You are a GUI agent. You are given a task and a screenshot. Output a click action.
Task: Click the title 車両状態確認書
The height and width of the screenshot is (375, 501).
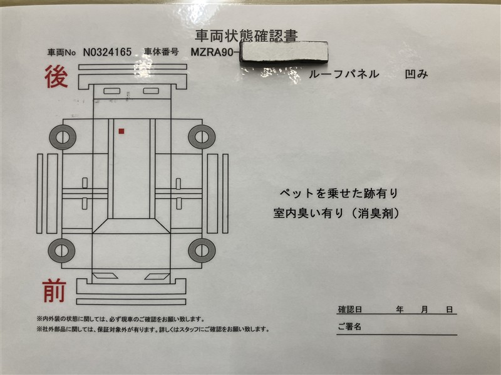(x=246, y=36)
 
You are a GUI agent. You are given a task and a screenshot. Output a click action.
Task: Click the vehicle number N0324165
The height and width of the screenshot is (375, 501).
(x=107, y=52)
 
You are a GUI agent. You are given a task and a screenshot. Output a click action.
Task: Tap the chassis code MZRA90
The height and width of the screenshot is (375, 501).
(x=212, y=52)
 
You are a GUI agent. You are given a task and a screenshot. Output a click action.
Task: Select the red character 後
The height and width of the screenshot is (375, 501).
(x=56, y=76)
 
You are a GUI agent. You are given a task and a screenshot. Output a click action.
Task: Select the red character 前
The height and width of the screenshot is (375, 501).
(x=54, y=291)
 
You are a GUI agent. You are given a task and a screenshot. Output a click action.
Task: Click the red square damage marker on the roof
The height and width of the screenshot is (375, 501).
(x=121, y=131)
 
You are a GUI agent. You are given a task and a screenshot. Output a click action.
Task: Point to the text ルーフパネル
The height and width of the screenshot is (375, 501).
(x=344, y=74)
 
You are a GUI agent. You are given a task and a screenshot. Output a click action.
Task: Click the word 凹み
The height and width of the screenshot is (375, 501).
(x=416, y=74)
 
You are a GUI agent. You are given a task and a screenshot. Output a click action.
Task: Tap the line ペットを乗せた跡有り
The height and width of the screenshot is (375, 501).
(x=339, y=193)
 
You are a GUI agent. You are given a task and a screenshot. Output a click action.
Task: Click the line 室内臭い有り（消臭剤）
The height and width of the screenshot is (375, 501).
(x=336, y=213)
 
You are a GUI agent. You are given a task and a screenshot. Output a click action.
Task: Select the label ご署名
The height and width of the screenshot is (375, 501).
(x=349, y=326)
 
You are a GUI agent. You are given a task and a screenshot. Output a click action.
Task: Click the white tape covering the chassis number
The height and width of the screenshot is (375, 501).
(x=284, y=52)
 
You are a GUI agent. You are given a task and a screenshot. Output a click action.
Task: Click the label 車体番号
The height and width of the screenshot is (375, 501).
(x=162, y=52)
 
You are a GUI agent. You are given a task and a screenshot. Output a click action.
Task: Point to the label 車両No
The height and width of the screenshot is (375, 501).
(x=61, y=52)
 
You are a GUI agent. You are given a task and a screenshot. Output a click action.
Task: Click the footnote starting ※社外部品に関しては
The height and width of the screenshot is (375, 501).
(x=153, y=329)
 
